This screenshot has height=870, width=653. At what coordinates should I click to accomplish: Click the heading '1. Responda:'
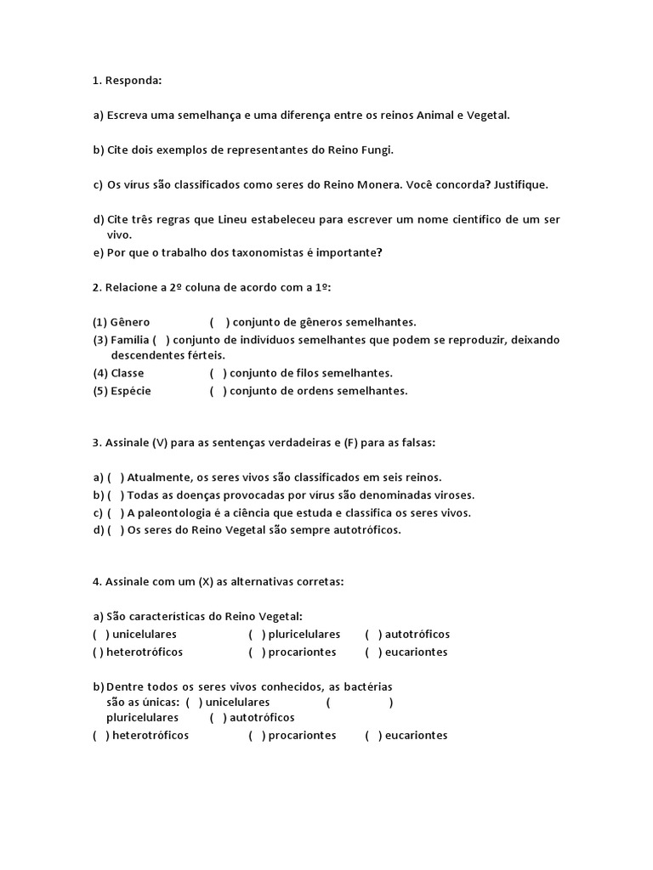127,81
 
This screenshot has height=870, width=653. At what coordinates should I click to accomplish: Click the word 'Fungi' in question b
378,150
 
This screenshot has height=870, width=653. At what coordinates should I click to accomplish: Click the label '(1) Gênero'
122,322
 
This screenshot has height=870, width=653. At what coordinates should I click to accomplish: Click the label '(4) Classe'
119,373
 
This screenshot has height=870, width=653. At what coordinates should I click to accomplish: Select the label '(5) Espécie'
122,391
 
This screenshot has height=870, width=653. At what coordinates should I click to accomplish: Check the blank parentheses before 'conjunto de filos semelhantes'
218,373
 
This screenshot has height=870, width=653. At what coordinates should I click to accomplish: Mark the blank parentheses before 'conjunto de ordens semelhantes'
218,391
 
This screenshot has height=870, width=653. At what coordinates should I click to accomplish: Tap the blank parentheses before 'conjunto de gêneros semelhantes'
219,322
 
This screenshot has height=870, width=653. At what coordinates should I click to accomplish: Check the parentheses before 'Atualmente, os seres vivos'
116,477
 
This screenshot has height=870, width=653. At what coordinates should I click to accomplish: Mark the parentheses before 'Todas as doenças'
116,495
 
